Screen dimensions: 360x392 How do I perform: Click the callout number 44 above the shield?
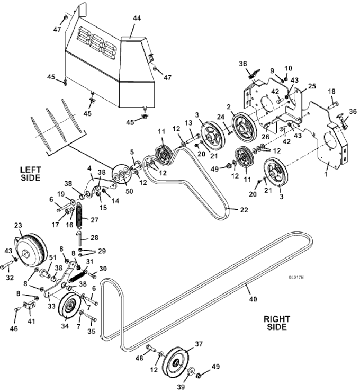pyautogui.click(x=137, y=18)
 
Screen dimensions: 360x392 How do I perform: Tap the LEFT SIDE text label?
pyautogui.click(x=30, y=174)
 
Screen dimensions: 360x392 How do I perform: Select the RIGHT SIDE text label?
pyautogui.click(x=277, y=323)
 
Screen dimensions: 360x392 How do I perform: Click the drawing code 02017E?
pyautogui.click(x=296, y=278)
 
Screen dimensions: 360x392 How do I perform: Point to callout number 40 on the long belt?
pyautogui.click(x=253, y=299)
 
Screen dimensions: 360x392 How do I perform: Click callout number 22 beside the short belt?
pyautogui.click(x=244, y=209)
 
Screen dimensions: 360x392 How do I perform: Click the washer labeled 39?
pyautogui.click(x=192, y=371)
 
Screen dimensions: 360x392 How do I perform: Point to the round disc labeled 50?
pyautogui.click(x=121, y=174)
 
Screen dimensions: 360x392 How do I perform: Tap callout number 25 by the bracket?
pyautogui.click(x=312, y=86)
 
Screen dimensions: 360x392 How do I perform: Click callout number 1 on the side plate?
pyautogui.click(x=326, y=174)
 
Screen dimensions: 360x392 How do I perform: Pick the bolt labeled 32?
pyautogui.click(x=7, y=265)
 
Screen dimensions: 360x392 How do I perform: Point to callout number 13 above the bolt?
pyautogui.click(x=188, y=123)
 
